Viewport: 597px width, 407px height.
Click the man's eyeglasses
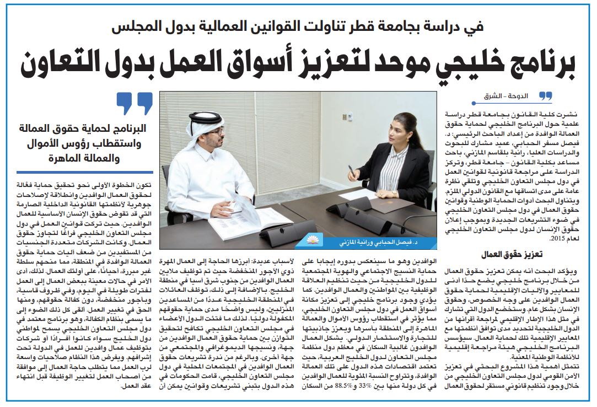click(217, 132)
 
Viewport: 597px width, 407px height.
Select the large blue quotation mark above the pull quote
click(135, 103)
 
